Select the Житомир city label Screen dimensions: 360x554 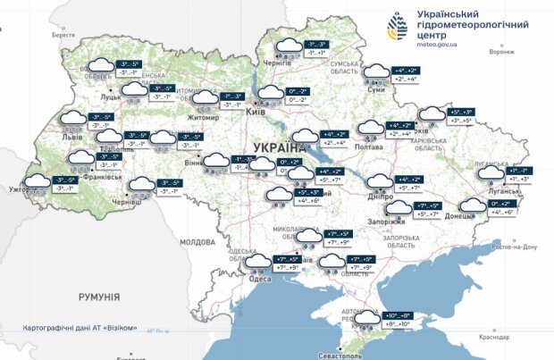click(204, 117)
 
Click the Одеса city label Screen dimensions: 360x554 click(260, 280)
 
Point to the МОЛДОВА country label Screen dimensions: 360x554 click(197, 242)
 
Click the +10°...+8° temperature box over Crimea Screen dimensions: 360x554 click(398, 315)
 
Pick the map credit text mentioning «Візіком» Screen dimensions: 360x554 click(80, 328)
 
